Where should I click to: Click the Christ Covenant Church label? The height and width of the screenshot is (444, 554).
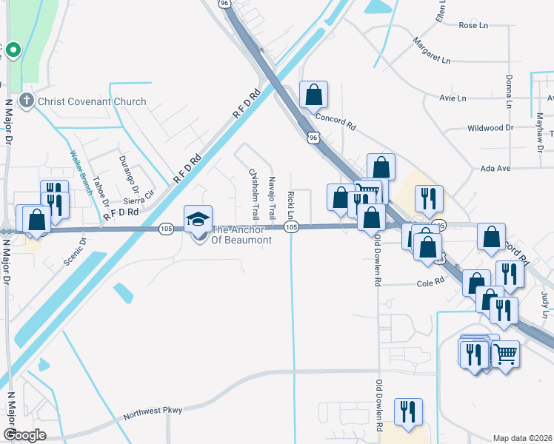tap(93, 101)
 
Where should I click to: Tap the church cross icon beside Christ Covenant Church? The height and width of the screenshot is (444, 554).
tap(27, 101)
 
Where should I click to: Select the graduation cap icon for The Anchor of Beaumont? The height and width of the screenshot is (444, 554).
tap(198, 218)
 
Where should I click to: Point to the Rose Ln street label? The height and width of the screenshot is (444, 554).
tap(473, 25)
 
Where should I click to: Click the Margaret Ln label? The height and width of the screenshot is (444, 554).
tap(432, 50)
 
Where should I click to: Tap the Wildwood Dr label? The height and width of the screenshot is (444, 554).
tap(490, 128)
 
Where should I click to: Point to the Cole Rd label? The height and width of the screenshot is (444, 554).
tap(430, 282)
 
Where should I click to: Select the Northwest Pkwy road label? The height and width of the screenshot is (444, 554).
tap(153, 411)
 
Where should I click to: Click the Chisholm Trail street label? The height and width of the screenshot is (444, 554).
tap(254, 194)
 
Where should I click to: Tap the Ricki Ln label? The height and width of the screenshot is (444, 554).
tap(290, 205)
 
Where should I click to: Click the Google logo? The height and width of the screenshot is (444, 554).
tap(24, 435)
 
